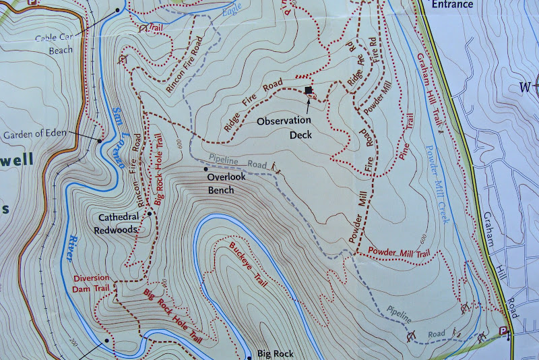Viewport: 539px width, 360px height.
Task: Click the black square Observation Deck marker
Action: coord(309,90)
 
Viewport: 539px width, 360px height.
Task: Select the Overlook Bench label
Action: coord(220,183)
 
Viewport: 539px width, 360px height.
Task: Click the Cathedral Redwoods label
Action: coord(119,223)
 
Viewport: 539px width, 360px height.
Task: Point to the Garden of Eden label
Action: coord(34,133)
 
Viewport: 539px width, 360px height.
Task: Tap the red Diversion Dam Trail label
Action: coord(91,284)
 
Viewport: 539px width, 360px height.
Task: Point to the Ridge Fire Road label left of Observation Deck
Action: coord(253,107)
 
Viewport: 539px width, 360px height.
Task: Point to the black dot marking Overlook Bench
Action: coord(205,169)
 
